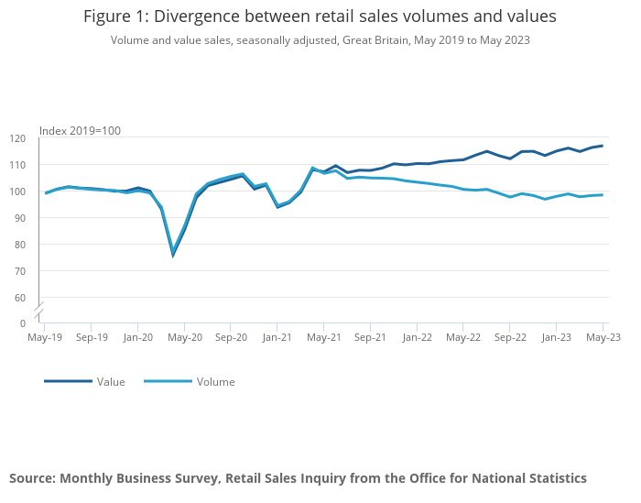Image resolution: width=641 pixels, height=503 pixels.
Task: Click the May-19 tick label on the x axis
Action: [45, 337]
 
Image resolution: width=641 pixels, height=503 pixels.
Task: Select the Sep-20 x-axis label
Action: [231, 337]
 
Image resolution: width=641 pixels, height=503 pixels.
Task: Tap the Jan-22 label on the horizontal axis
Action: [417, 337]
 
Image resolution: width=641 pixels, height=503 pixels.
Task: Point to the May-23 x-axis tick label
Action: [603, 337]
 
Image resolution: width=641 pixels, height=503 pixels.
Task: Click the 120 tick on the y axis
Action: [17, 138]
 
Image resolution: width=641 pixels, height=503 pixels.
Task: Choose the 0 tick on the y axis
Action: [23, 323]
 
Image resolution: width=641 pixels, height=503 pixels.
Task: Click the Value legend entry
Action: [111, 381]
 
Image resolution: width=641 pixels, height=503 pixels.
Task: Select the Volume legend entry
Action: [215, 381]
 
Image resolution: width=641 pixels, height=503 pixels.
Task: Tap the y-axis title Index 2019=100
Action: [80, 130]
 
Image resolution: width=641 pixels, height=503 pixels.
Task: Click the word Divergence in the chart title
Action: [195, 16]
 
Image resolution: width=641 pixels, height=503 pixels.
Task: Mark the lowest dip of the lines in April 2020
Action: [173, 254]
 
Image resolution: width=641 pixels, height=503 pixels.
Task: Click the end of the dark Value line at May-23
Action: [602, 146]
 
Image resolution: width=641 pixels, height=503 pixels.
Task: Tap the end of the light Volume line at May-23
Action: [602, 194]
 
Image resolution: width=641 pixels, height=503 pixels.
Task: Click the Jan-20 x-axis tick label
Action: [137, 337]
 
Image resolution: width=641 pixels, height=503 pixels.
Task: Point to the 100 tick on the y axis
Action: [17, 191]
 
